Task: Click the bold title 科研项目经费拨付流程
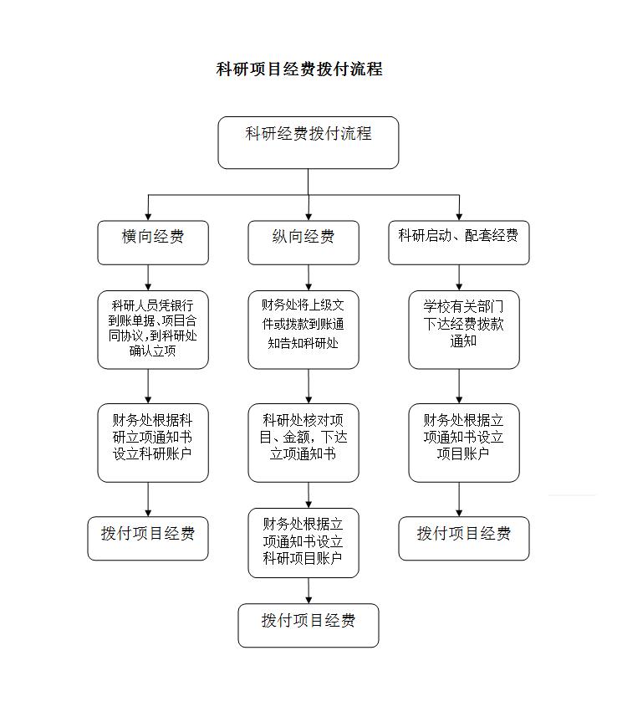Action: coord(299,69)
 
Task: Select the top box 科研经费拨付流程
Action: coord(308,142)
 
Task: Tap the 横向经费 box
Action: coord(153,243)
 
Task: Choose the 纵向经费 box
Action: coord(303,243)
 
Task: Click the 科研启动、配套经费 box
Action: coord(459,243)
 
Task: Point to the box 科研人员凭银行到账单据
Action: coord(153,330)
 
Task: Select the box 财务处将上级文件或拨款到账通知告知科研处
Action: coord(303,330)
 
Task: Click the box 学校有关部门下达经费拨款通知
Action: coord(464,330)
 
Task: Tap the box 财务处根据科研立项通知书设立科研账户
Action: coord(153,443)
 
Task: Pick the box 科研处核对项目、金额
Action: coord(303,443)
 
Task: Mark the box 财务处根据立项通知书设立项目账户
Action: coord(464,443)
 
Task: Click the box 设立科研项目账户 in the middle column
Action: coord(303,543)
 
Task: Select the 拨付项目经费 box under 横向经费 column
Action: coord(148,538)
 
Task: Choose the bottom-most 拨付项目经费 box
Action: coord(308,625)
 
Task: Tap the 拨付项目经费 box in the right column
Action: coord(464,538)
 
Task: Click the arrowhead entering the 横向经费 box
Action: coord(148,217)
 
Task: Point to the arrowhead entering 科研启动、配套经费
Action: coord(459,217)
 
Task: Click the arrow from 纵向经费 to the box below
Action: coord(308,278)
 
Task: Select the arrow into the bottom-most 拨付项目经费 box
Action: coord(308,591)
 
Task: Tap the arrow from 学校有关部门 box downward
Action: coord(459,387)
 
